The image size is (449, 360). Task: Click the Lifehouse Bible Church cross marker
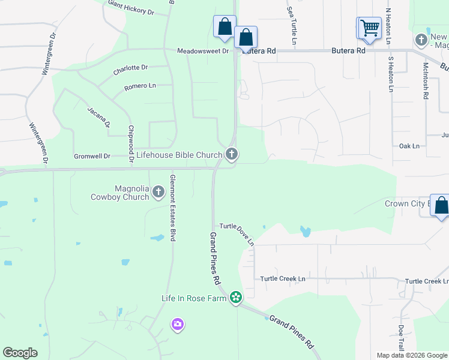point(232,155)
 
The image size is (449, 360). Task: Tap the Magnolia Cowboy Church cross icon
point(158,192)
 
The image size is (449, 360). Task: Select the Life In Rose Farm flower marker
point(236,298)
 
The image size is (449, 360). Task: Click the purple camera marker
point(177,325)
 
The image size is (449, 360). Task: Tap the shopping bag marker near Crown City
point(441,206)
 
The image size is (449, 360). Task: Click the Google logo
point(20,353)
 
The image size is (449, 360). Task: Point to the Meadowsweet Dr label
point(203,52)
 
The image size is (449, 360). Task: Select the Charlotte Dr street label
point(130,69)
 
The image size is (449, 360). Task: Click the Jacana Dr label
point(99,117)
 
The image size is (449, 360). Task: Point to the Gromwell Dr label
point(92,156)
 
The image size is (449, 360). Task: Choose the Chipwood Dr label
point(130,144)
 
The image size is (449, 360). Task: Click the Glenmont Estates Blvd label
point(172,216)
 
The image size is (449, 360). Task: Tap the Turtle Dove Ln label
point(237,234)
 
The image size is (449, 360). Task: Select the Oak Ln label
point(409,146)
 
